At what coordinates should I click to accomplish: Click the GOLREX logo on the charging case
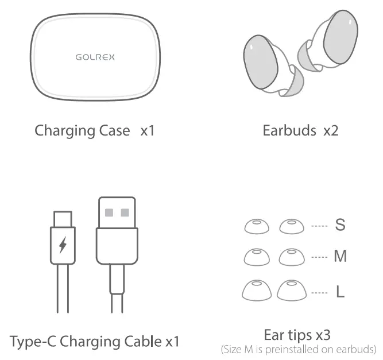(95, 57)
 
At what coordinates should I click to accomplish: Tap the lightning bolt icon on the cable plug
(63, 245)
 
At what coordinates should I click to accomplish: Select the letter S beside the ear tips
(340, 225)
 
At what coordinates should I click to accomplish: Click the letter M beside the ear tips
(340, 256)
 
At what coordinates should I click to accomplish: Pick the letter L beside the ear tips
(340, 292)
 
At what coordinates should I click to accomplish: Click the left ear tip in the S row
(256, 227)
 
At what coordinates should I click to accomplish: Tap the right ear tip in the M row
(291, 257)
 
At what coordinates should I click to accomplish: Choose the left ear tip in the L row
(256, 291)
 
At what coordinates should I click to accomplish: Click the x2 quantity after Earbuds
(331, 130)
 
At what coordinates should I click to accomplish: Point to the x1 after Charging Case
(148, 130)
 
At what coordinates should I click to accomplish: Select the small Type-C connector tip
(63, 219)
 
